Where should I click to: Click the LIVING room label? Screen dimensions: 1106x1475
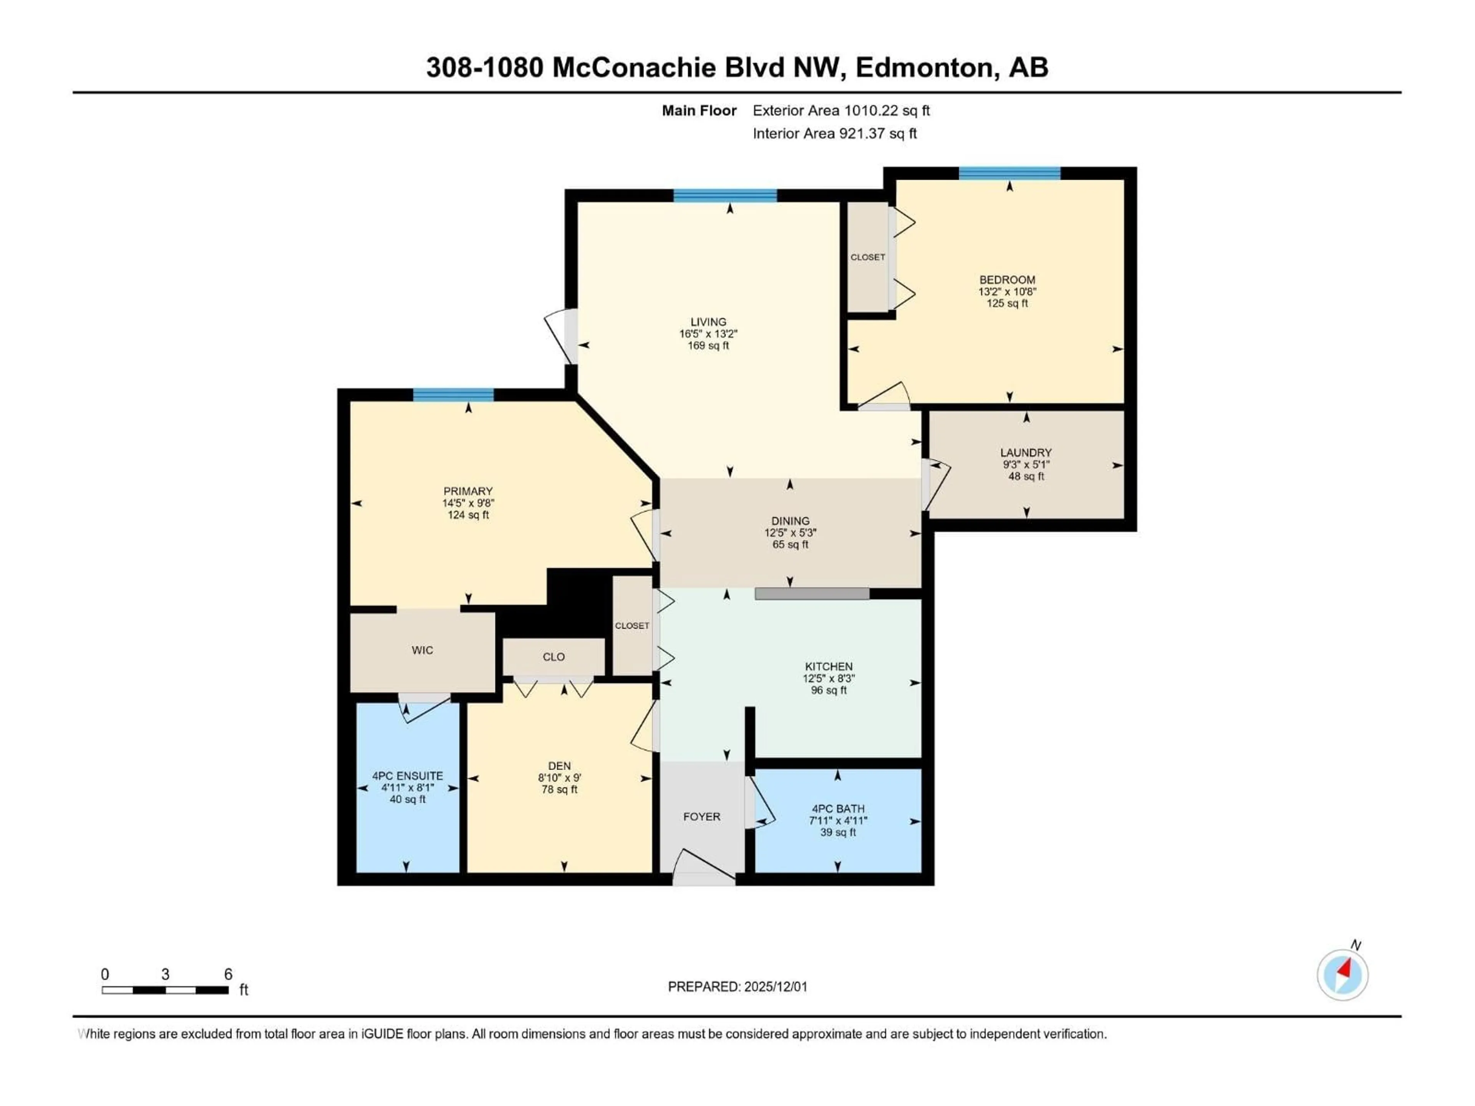(x=708, y=322)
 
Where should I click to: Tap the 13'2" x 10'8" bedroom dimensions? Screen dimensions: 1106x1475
(x=1007, y=292)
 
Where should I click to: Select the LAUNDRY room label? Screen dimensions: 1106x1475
(x=1026, y=453)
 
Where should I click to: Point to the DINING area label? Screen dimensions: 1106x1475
(x=790, y=522)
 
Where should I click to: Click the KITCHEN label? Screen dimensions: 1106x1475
(x=828, y=667)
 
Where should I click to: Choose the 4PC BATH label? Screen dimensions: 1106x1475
(x=837, y=809)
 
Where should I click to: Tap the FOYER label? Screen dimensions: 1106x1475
(x=701, y=817)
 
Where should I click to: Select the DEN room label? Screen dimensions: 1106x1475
(x=559, y=766)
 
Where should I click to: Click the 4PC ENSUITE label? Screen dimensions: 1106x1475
(x=408, y=776)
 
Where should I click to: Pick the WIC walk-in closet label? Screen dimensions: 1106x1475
(x=422, y=651)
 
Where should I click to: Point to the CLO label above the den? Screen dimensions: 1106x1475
(x=554, y=657)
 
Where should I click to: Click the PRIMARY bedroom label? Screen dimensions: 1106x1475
(x=468, y=491)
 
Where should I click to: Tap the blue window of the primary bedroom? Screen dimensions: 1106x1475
(x=453, y=395)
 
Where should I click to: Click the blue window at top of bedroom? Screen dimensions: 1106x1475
(x=1009, y=173)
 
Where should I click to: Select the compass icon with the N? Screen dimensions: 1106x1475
(x=1342, y=975)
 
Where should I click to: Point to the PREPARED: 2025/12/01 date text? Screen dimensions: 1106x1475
(x=737, y=987)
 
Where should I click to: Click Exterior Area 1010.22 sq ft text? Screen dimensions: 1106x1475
(x=841, y=111)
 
